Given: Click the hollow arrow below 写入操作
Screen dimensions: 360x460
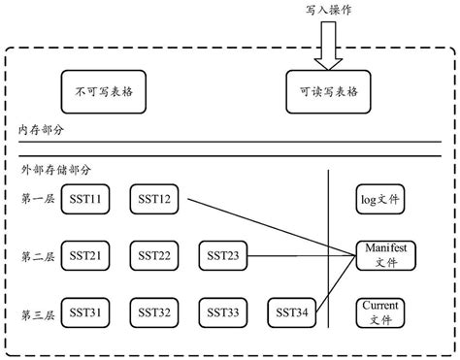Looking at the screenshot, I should pos(326,46).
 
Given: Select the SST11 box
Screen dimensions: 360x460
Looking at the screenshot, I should pos(86,200).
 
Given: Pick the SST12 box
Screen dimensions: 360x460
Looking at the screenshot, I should pos(155,200).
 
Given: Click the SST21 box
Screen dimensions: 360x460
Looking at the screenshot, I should pos(86,256).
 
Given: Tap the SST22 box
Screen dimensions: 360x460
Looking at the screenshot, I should pos(155,256).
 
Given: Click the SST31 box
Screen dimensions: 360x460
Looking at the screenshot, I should pos(86,312).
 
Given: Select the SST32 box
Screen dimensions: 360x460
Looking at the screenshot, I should pos(155,312).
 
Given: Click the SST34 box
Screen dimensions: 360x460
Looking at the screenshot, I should pos(294,312).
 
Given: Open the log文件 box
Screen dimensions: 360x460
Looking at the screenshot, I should pos(381,200).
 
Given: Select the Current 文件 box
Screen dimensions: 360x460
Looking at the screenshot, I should pos(381,312).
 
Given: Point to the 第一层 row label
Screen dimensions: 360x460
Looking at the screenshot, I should pos(37,200).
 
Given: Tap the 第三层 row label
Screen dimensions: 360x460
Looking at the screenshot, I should pos(37,312).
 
